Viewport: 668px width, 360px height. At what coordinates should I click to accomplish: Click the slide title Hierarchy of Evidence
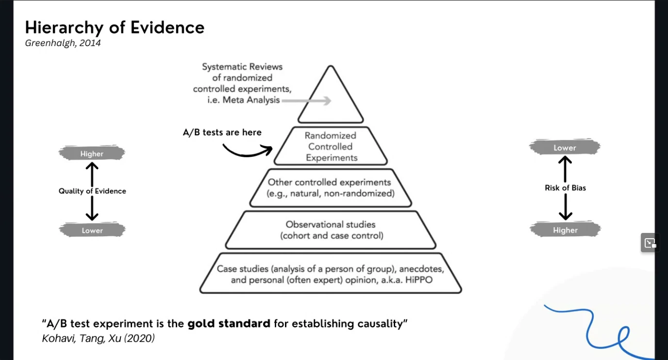click(115, 28)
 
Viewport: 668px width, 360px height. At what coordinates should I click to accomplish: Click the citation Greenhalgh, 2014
click(63, 43)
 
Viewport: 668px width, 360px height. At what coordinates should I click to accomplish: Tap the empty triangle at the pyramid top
click(331, 99)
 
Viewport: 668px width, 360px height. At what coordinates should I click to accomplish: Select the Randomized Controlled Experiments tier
click(331, 147)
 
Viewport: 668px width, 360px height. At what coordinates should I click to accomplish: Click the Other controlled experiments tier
click(330, 188)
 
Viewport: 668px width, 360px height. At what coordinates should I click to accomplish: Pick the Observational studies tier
click(331, 230)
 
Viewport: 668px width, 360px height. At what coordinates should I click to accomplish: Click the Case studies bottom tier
click(331, 274)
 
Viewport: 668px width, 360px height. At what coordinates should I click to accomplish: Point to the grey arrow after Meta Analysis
click(306, 101)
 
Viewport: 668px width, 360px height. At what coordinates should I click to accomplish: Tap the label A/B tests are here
click(222, 132)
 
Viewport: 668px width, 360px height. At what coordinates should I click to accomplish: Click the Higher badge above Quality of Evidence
click(92, 154)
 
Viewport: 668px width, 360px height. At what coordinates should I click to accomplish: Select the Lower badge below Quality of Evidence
click(92, 230)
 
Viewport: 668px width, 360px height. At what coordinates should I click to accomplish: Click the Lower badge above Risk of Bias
click(565, 148)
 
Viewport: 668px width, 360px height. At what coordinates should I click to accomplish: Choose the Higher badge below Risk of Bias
click(565, 230)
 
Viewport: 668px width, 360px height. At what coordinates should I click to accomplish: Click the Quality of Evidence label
click(92, 191)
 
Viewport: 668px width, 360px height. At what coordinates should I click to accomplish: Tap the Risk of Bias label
click(565, 188)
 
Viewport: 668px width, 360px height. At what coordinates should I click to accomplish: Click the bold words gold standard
click(229, 323)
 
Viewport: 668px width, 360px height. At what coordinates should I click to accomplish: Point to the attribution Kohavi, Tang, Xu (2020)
click(98, 339)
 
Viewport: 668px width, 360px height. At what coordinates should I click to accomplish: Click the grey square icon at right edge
click(650, 243)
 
